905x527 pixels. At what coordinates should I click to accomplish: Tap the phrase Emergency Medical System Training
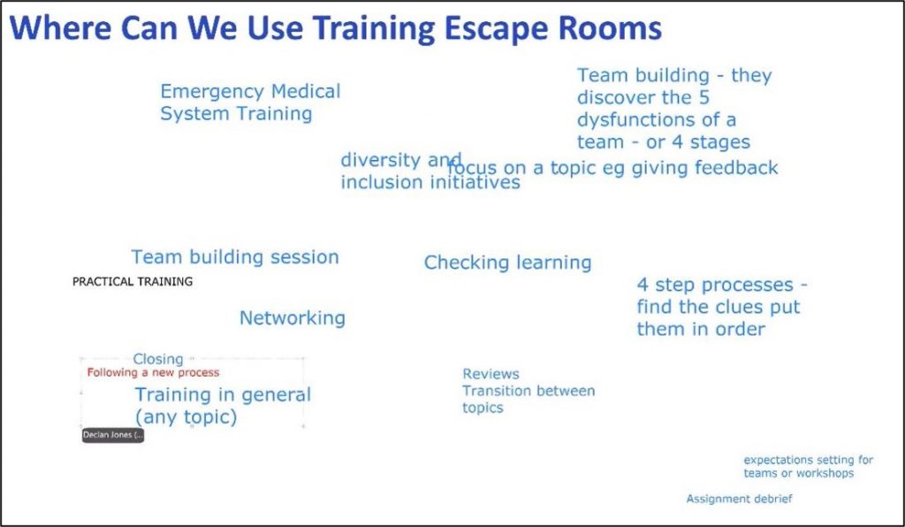click(x=249, y=103)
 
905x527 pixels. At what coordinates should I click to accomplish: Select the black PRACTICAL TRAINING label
click(x=133, y=282)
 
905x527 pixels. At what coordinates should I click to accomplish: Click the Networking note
click(x=293, y=318)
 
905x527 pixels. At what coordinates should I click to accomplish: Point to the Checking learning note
click(x=507, y=263)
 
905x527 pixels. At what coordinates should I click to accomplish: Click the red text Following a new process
click(x=153, y=373)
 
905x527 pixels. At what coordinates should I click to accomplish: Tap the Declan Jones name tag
click(x=112, y=435)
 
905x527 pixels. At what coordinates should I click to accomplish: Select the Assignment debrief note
click(x=739, y=500)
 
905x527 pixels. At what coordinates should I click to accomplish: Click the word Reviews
click(x=491, y=374)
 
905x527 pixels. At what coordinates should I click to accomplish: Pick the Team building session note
click(x=235, y=257)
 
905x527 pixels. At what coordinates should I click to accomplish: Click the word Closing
click(x=158, y=359)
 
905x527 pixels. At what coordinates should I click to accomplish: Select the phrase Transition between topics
click(x=528, y=400)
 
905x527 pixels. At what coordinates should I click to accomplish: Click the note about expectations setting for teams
click(x=808, y=467)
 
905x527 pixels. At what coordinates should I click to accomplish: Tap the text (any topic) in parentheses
click(x=186, y=416)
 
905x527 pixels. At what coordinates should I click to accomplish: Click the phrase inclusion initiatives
click(x=430, y=183)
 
